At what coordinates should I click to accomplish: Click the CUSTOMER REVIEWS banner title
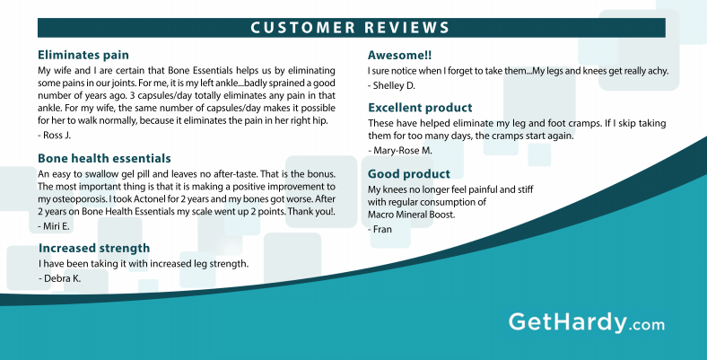tap(350, 28)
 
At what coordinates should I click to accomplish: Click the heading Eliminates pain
tap(83, 55)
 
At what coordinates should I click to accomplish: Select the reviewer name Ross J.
tap(55, 135)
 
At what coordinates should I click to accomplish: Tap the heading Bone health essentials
tap(104, 158)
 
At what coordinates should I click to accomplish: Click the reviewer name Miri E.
tap(54, 226)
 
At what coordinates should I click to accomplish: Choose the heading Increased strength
tap(94, 248)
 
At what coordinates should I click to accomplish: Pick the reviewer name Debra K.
tap(60, 278)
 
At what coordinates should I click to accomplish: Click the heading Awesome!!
tap(399, 55)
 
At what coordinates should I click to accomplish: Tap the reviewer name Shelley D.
tap(391, 85)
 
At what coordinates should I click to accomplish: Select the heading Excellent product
tap(420, 108)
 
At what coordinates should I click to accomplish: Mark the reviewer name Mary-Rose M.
tap(400, 151)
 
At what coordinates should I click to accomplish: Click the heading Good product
tap(409, 173)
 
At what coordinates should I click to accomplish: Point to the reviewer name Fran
tap(380, 229)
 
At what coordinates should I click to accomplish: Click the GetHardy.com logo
tap(587, 323)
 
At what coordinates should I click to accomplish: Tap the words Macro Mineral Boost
tap(411, 215)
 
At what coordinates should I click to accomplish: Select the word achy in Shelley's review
tap(659, 71)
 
